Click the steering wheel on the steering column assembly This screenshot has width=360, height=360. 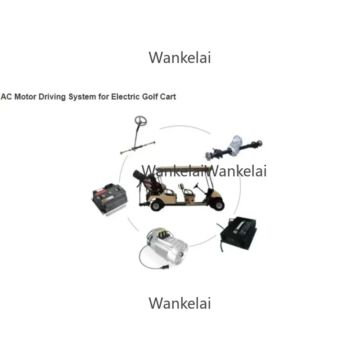tap(140, 121)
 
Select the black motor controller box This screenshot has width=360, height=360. tap(109, 198)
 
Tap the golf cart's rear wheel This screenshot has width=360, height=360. tap(156, 205)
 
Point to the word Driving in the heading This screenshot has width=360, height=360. tap(52, 97)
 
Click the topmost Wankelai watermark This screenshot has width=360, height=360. tap(180, 58)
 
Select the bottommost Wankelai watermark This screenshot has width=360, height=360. tap(180, 303)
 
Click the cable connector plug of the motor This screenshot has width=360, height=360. tap(165, 267)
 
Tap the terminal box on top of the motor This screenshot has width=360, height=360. tap(163, 233)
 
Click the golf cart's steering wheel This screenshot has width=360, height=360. tap(197, 184)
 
